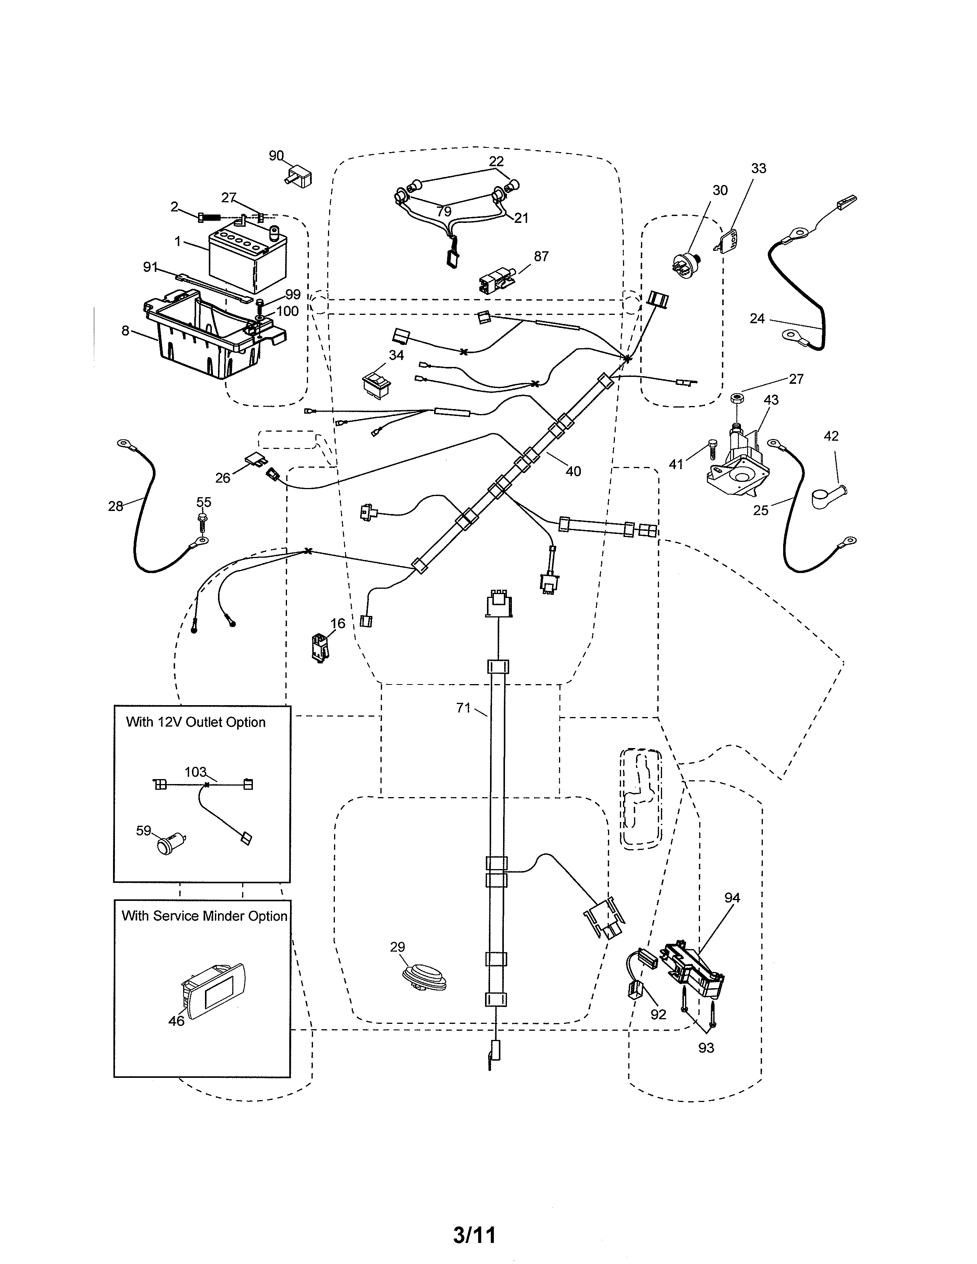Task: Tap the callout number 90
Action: [x=276, y=156]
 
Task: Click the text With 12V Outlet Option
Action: [x=196, y=722]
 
